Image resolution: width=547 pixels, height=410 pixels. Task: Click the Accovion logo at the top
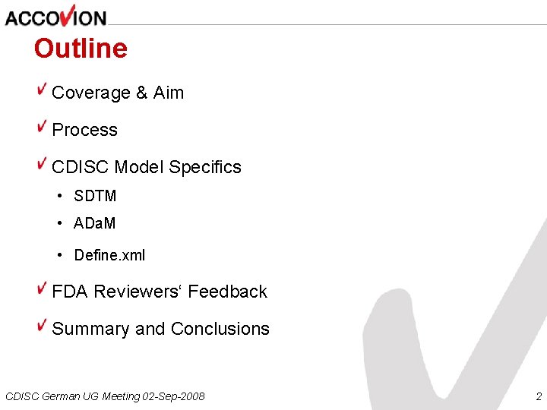click(55, 16)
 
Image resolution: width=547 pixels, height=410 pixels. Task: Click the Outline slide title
click(81, 49)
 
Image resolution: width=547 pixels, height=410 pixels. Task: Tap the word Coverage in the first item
click(91, 93)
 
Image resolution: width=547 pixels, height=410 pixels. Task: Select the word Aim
click(169, 93)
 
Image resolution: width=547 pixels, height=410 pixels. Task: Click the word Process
click(84, 130)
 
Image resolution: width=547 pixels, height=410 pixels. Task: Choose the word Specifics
click(205, 167)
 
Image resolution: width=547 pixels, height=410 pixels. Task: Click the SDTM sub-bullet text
click(95, 196)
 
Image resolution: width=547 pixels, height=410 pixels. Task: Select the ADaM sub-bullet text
click(95, 224)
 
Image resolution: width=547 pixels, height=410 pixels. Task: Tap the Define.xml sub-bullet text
click(109, 255)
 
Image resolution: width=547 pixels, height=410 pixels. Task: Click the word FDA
click(69, 292)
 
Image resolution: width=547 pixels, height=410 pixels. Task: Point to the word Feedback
click(228, 292)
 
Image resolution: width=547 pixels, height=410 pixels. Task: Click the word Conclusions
click(220, 329)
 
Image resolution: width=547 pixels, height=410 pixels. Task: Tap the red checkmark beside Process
click(43, 127)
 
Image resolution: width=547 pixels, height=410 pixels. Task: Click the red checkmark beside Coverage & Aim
click(43, 90)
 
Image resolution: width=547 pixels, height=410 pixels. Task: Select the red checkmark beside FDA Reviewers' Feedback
click(43, 289)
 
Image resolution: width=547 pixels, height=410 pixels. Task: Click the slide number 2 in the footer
click(538, 396)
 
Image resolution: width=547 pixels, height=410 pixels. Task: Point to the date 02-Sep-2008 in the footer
click(174, 396)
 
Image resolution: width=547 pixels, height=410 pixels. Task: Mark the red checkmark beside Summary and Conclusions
click(43, 326)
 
